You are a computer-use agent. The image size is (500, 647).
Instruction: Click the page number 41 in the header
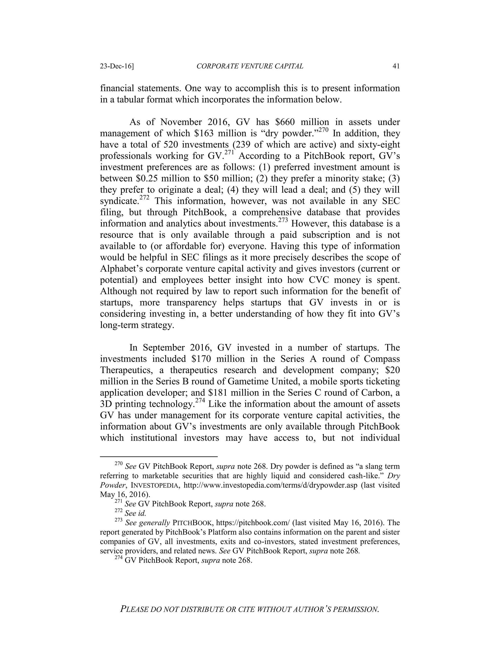(x=396, y=66)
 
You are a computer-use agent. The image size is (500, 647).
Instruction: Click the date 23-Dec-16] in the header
(x=117, y=66)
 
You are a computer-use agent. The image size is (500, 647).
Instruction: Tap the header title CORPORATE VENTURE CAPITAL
(x=250, y=66)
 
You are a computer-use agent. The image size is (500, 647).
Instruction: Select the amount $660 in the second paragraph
(x=286, y=122)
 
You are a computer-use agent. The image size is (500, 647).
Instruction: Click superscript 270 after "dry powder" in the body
(x=323, y=130)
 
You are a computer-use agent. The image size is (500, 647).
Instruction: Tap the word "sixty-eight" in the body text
(x=375, y=145)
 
